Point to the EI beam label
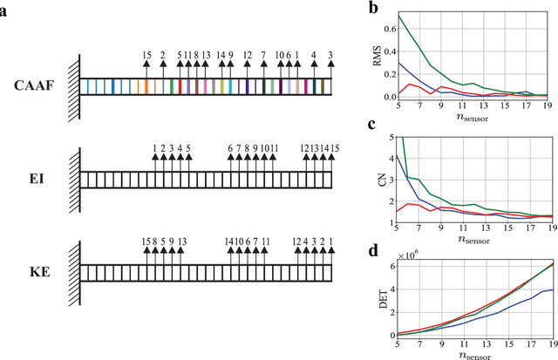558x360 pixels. point(39,179)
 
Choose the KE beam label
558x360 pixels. point(38,271)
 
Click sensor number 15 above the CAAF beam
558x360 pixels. point(146,56)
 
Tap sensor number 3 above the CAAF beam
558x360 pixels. point(330,56)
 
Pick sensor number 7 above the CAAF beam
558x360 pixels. point(263,56)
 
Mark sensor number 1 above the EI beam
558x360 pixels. point(155,148)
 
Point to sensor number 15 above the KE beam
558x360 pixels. point(146,241)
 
